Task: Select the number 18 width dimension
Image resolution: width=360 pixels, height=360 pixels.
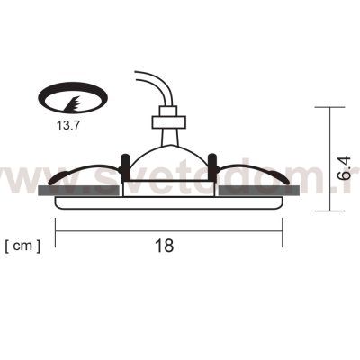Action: point(164,244)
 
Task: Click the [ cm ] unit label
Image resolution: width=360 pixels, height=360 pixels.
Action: point(22,244)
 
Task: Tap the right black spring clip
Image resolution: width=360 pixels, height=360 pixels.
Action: point(214,166)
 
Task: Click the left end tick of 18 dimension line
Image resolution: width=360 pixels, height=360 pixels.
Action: point(55,234)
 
